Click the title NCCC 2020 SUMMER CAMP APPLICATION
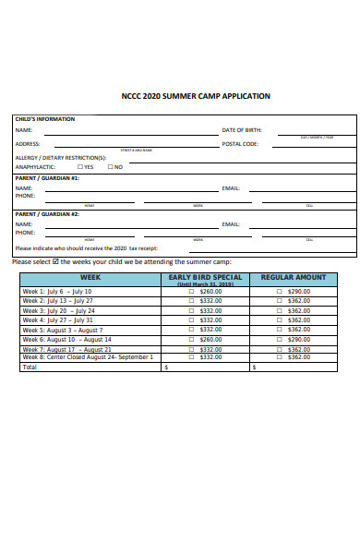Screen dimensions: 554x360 pyautogui.click(x=196, y=96)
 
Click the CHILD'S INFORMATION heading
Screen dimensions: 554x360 pyautogui.click(x=44, y=119)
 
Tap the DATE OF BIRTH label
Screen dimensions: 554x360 pyautogui.click(x=241, y=130)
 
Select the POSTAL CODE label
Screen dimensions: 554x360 pyautogui.click(x=240, y=144)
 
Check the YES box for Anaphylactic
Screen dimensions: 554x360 pyautogui.click(x=81, y=167)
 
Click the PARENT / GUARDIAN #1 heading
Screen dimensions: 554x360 pyautogui.click(x=47, y=178)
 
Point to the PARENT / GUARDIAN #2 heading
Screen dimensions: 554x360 pyautogui.click(x=47, y=214)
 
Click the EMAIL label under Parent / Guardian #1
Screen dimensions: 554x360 pyautogui.click(x=231, y=188)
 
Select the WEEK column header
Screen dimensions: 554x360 pyautogui.click(x=90, y=277)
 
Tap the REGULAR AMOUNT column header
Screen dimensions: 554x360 pyautogui.click(x=294, y=277)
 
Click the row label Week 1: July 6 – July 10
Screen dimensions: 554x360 pyautogui.click(x=56, y=291)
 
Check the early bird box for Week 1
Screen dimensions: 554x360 pyautogui.click(x=192, y=291)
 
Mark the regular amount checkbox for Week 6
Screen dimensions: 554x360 pyautogui.click(x=280, y=340)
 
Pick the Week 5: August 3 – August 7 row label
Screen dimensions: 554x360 pyautogui.click(x=63, y=330)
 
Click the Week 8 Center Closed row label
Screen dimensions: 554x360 pyautogui.click(x=88, y=356)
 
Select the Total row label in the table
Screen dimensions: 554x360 pyautogui.click(x=30, y=367)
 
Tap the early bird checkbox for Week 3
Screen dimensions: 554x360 pyautogui.click(x=192, y=310)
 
